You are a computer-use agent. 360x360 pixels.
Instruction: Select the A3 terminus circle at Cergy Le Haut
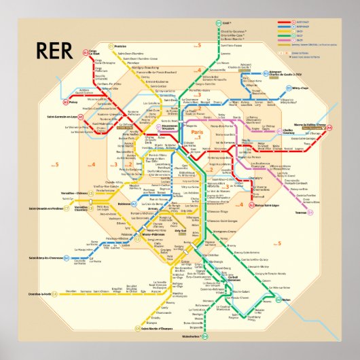[86, 52]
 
